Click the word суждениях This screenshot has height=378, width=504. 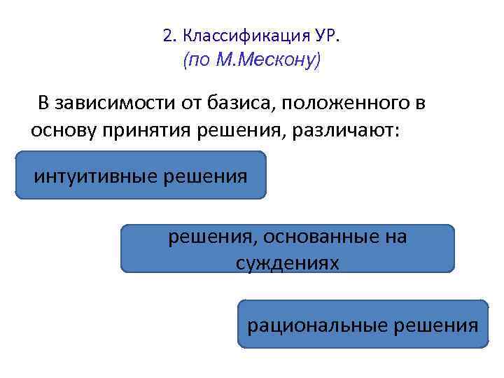pos(287,262)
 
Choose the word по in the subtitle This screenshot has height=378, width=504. pos(197,61)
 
